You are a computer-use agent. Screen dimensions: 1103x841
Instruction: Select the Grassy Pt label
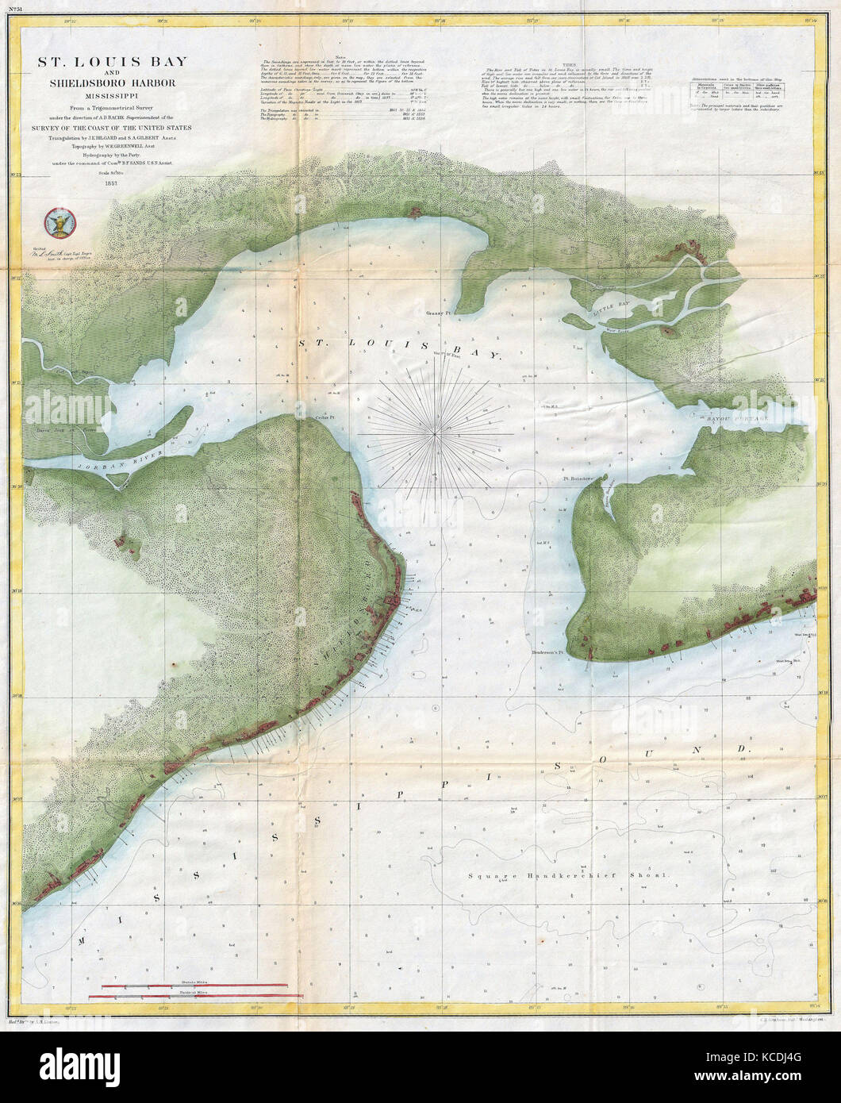[x=437, y=313]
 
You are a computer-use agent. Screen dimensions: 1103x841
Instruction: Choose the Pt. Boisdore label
[x=579, y=479]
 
